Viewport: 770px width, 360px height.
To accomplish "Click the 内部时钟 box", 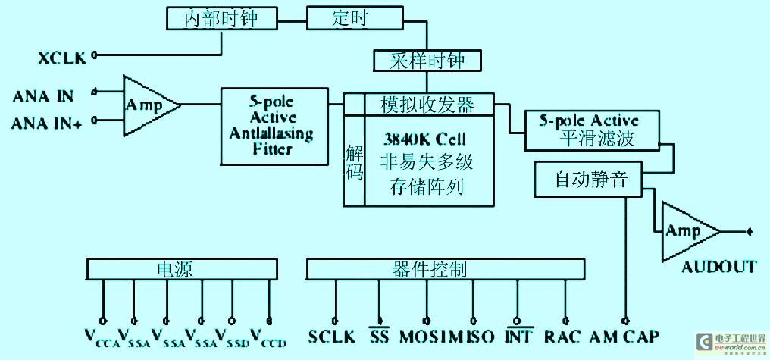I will click(221, 19).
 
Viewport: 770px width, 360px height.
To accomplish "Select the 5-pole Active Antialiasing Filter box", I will click(274, 126).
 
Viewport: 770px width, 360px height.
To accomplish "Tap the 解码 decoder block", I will click(354, 161).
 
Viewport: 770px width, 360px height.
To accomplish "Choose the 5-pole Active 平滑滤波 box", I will click(589, 130).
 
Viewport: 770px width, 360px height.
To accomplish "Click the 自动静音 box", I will click(589, 180).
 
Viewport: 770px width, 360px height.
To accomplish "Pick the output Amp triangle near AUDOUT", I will click(685, 231).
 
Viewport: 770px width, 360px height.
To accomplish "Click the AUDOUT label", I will click(718, 266).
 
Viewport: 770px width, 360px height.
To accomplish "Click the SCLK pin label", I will click(332, 336).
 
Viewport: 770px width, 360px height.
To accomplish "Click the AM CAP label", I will click(624, 336).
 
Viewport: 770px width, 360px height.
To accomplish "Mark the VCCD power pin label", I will click(268, 337).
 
